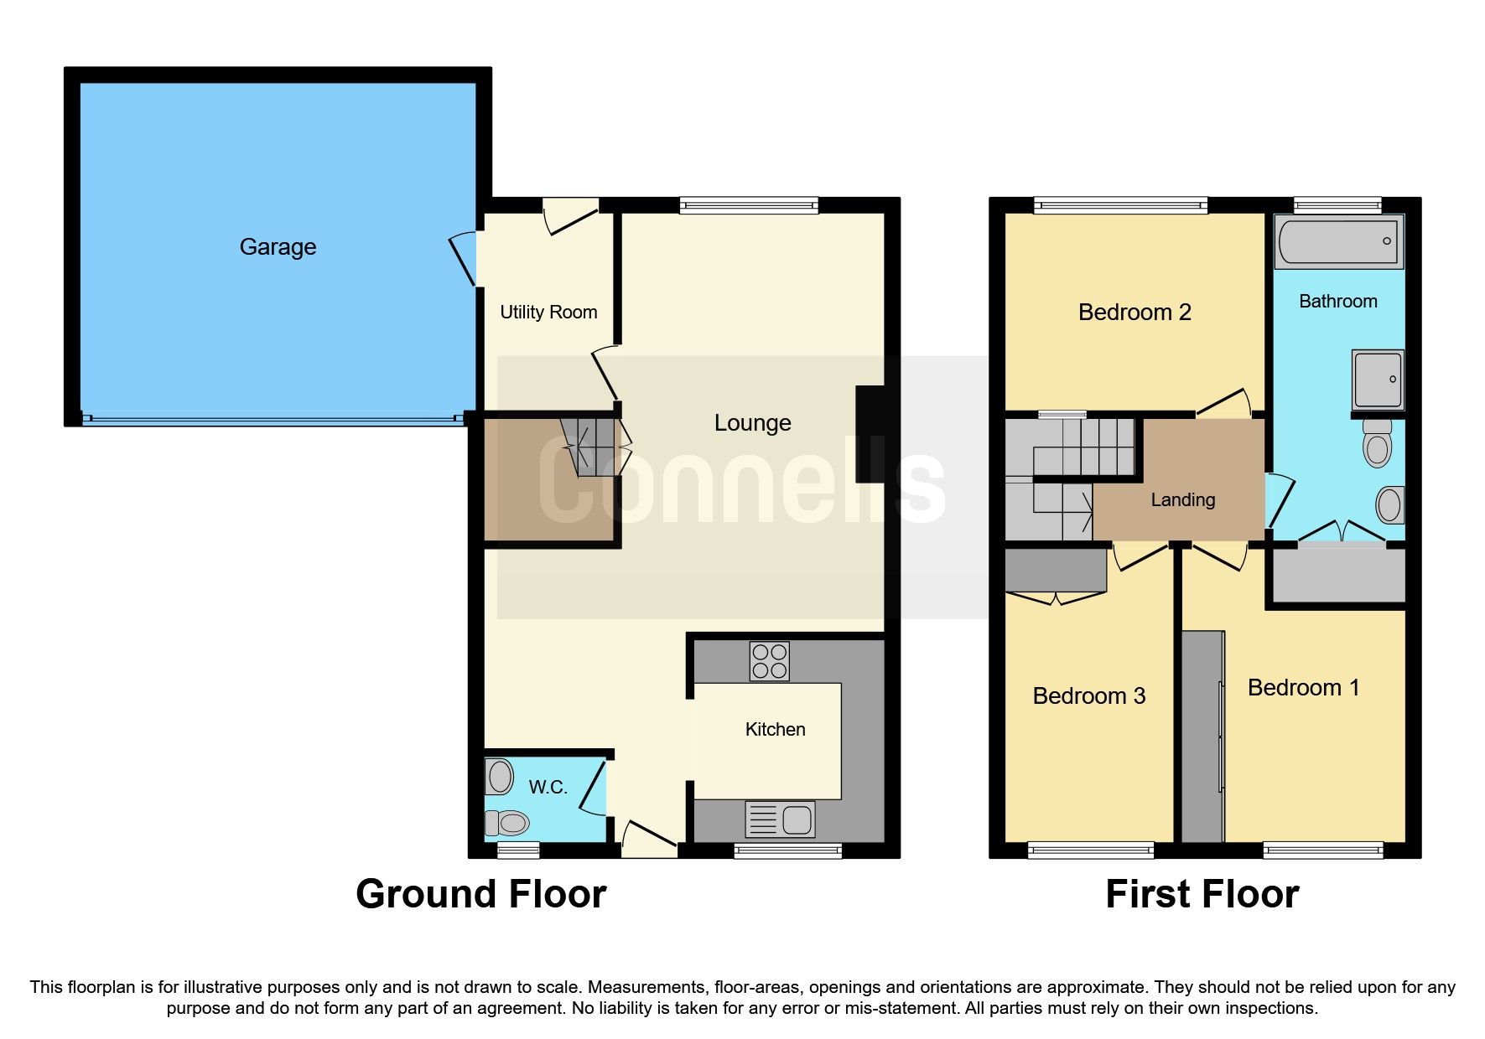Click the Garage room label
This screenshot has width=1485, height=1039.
click(x=278, y=247)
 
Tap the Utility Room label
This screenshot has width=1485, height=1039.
click(x=548, y=313)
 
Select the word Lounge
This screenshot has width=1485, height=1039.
click(x=752, y=423)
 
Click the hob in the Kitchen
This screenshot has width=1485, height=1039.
click(x=769, y=660)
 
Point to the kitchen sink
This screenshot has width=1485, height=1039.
click(x=780, y=819)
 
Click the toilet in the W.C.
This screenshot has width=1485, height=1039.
click(x=507, y=823)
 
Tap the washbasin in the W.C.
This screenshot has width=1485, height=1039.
click(x=500, y=777)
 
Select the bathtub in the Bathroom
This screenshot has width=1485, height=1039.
click(x=1337, y=240)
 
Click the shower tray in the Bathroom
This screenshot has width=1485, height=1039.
click(x=1377, y=380)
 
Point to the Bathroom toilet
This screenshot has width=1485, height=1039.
click(x=1377, y=443)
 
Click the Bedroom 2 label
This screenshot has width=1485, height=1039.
click(x=1134, y=313)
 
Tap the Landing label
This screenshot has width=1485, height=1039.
click(x=1182, y=500)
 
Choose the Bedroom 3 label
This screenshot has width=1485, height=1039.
click(x=1088, y=696)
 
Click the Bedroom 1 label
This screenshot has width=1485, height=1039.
click(x=1303, y=688)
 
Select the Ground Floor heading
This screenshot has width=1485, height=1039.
click(x=480, y=894)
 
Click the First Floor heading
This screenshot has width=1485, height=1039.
click(x=1202, y=894)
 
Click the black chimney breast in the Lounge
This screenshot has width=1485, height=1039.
click(x=870, y=433)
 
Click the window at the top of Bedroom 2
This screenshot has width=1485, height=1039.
click(x=1120, y=205)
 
